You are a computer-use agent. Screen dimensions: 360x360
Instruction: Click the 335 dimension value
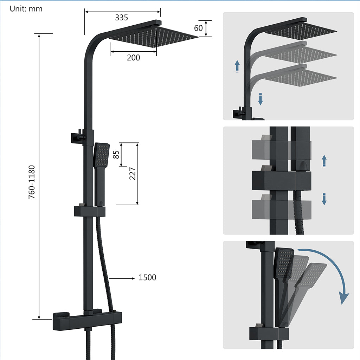click(121, 17)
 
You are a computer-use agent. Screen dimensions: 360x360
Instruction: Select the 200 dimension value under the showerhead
click(133, 58)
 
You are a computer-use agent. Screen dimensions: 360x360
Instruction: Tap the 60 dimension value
click(198, 28)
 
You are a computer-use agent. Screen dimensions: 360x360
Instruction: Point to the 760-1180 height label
click(32, 182)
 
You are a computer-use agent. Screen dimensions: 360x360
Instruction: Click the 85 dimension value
click(116, 155)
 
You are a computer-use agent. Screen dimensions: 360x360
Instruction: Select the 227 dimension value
click(133, 173)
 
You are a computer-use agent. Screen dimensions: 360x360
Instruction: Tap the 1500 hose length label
click(147, 278)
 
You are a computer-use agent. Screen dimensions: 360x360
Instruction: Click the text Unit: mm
click(26, 9)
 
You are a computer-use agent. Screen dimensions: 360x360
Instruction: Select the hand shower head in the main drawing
click(102, 155)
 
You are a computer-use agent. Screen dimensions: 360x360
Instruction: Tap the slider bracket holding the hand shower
click(90, 211)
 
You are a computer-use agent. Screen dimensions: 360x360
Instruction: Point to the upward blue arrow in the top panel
click(237, 66)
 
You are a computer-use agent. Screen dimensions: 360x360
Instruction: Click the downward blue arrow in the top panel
click(261, 99)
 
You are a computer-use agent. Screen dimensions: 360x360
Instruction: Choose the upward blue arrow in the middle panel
click(324, 161)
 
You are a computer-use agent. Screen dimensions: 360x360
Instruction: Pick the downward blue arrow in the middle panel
click(324, 199)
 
